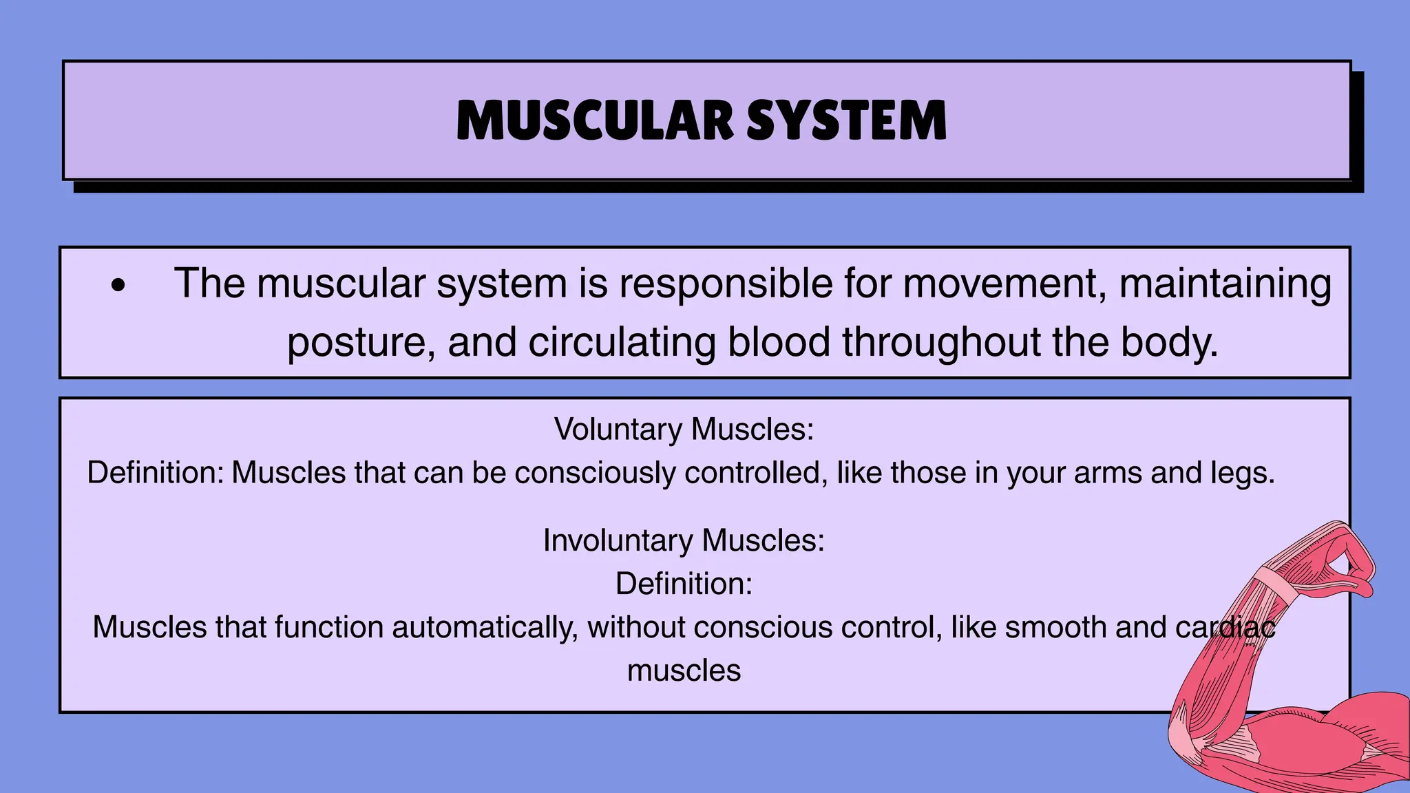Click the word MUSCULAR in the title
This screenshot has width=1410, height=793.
(x=595, y=121)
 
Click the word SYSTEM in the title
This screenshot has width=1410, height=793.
(x=847, y=121)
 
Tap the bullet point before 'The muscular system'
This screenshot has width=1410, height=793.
(x=118, y=286)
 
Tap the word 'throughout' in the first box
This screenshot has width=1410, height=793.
(x=941, y=342)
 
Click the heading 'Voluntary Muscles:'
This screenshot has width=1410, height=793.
(x=684, y=430)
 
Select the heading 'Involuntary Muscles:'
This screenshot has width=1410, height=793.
(x=684, y=540)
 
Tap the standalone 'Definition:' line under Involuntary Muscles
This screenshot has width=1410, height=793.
(x=684, y=584)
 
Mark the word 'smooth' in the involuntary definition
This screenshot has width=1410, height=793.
(x=1055, y=627)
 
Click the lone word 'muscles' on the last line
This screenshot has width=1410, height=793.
(x=684, y=670)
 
